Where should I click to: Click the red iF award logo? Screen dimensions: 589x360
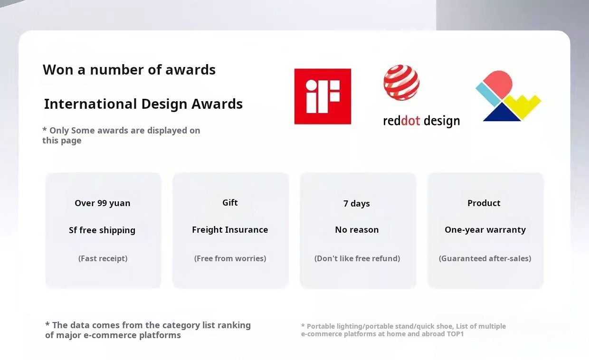(x=323, y=96)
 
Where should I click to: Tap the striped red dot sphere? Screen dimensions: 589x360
(x=401, y=83)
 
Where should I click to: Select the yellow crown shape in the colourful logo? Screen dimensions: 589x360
(x=522, y=106)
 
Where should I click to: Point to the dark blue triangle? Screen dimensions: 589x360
(x=502, y=113)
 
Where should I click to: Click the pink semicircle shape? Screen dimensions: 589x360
(x=498, y=84)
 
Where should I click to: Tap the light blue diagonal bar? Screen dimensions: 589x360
(x=488, y=94)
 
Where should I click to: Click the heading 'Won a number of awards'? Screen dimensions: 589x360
(x=129, y=70)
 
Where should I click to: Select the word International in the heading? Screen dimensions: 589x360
(x=91, y=104)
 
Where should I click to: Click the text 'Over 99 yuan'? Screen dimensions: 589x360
(x=103, y=203)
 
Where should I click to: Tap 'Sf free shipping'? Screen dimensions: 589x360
(x=102, y=230)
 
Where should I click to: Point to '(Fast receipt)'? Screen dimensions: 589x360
(x=103, y=258)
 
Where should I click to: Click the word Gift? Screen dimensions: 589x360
(x=230, y=202)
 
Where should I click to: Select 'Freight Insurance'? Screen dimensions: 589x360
(x=230, y=229)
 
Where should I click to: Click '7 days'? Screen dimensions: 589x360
(x=357, y=204)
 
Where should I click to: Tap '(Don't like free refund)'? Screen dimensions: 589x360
(x=357, y=258)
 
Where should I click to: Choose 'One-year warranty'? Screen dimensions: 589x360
(x=485, y=230)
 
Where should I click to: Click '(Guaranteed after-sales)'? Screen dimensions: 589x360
(x=485, y=258)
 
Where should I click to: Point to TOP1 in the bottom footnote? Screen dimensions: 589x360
(x=455, y=334)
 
